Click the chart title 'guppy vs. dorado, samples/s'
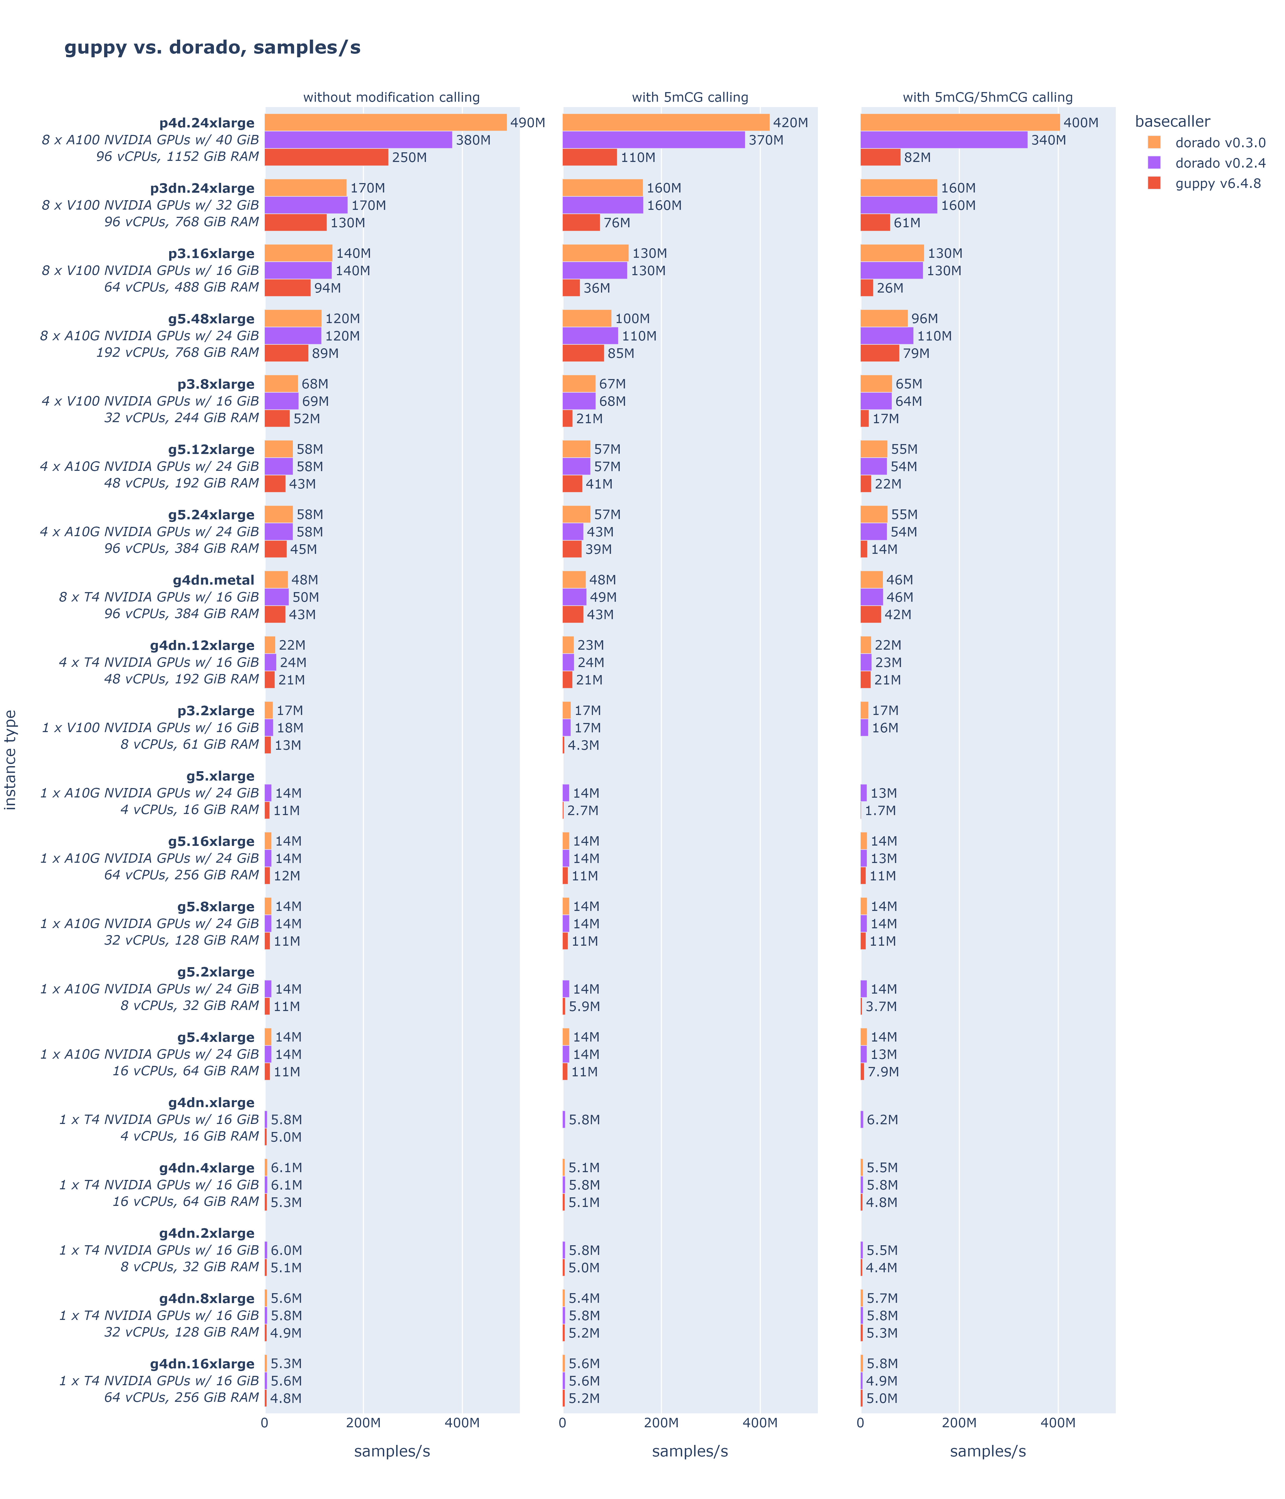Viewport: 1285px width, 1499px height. tap(212, 48)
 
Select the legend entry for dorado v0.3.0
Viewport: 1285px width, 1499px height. tap(1220, 142)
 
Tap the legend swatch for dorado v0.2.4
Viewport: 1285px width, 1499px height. tap(1154, 163)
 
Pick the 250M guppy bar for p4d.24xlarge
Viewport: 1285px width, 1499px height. tap(326, 157)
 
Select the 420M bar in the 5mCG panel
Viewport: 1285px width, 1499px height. tap(666, 122)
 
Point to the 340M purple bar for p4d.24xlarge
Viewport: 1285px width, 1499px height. tap(943, 140)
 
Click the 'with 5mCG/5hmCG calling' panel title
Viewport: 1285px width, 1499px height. tap(988, 97)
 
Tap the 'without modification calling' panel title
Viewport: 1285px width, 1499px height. tap(391, 97)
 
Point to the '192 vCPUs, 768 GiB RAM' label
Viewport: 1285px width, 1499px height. tap(177, 352)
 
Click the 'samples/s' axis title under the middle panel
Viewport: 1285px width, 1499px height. tap(690, 1451)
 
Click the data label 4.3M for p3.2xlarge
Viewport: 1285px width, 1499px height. tap(583, 745)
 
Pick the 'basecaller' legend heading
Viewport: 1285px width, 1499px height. tap(1172, 122)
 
